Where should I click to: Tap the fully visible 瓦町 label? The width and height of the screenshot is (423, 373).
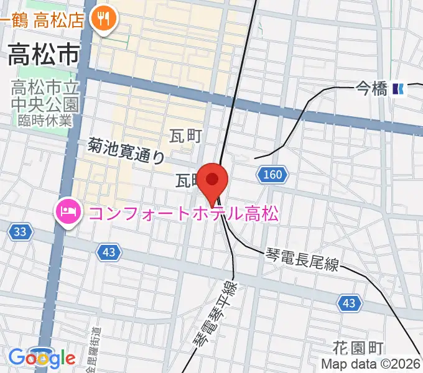(185, 136)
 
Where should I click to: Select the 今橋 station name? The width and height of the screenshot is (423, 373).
(371, 90)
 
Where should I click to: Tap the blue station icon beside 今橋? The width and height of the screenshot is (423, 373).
(399, 90)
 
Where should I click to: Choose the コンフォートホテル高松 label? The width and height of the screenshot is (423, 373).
(184, 214)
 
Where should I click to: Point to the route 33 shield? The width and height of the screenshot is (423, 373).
(21, 232)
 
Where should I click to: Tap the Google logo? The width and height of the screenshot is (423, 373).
(42, 358)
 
